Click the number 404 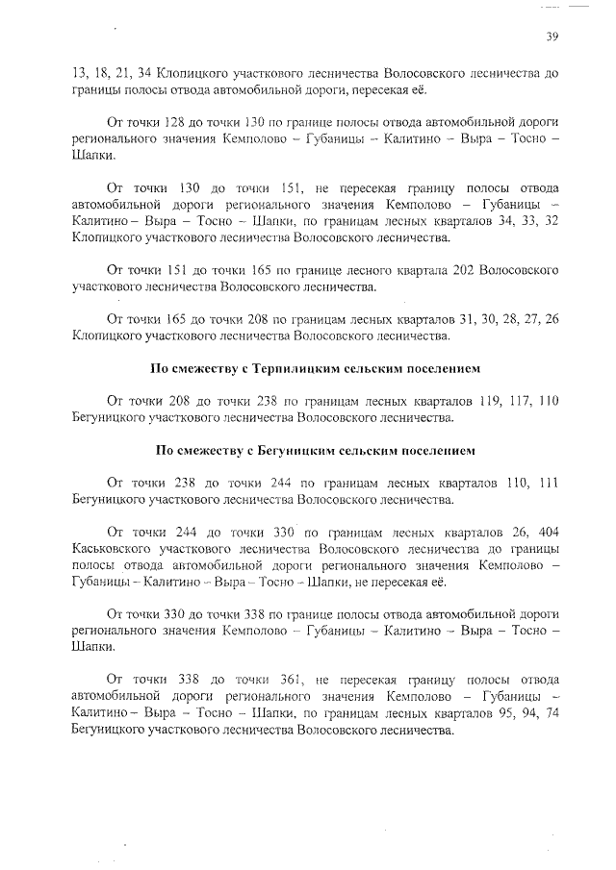[x=543, y=533]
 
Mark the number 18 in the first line [x=103, y=73]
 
